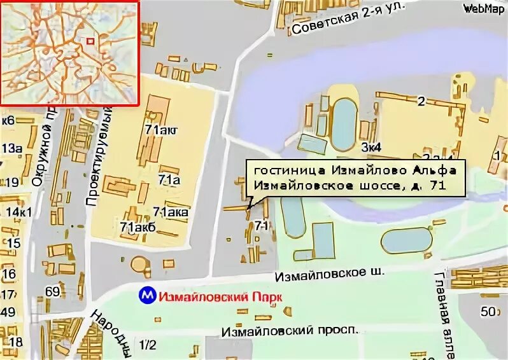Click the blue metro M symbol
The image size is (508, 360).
pos(148,296)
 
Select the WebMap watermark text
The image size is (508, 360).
pos(483,8)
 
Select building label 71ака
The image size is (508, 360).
pos(171,212)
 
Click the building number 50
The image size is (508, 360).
pos(488,311)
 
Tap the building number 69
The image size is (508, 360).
pos(53,292)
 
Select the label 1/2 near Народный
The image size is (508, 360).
pos(147,345)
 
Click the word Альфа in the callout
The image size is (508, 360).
pos(434,170)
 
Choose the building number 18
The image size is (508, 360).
pos(16,342)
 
